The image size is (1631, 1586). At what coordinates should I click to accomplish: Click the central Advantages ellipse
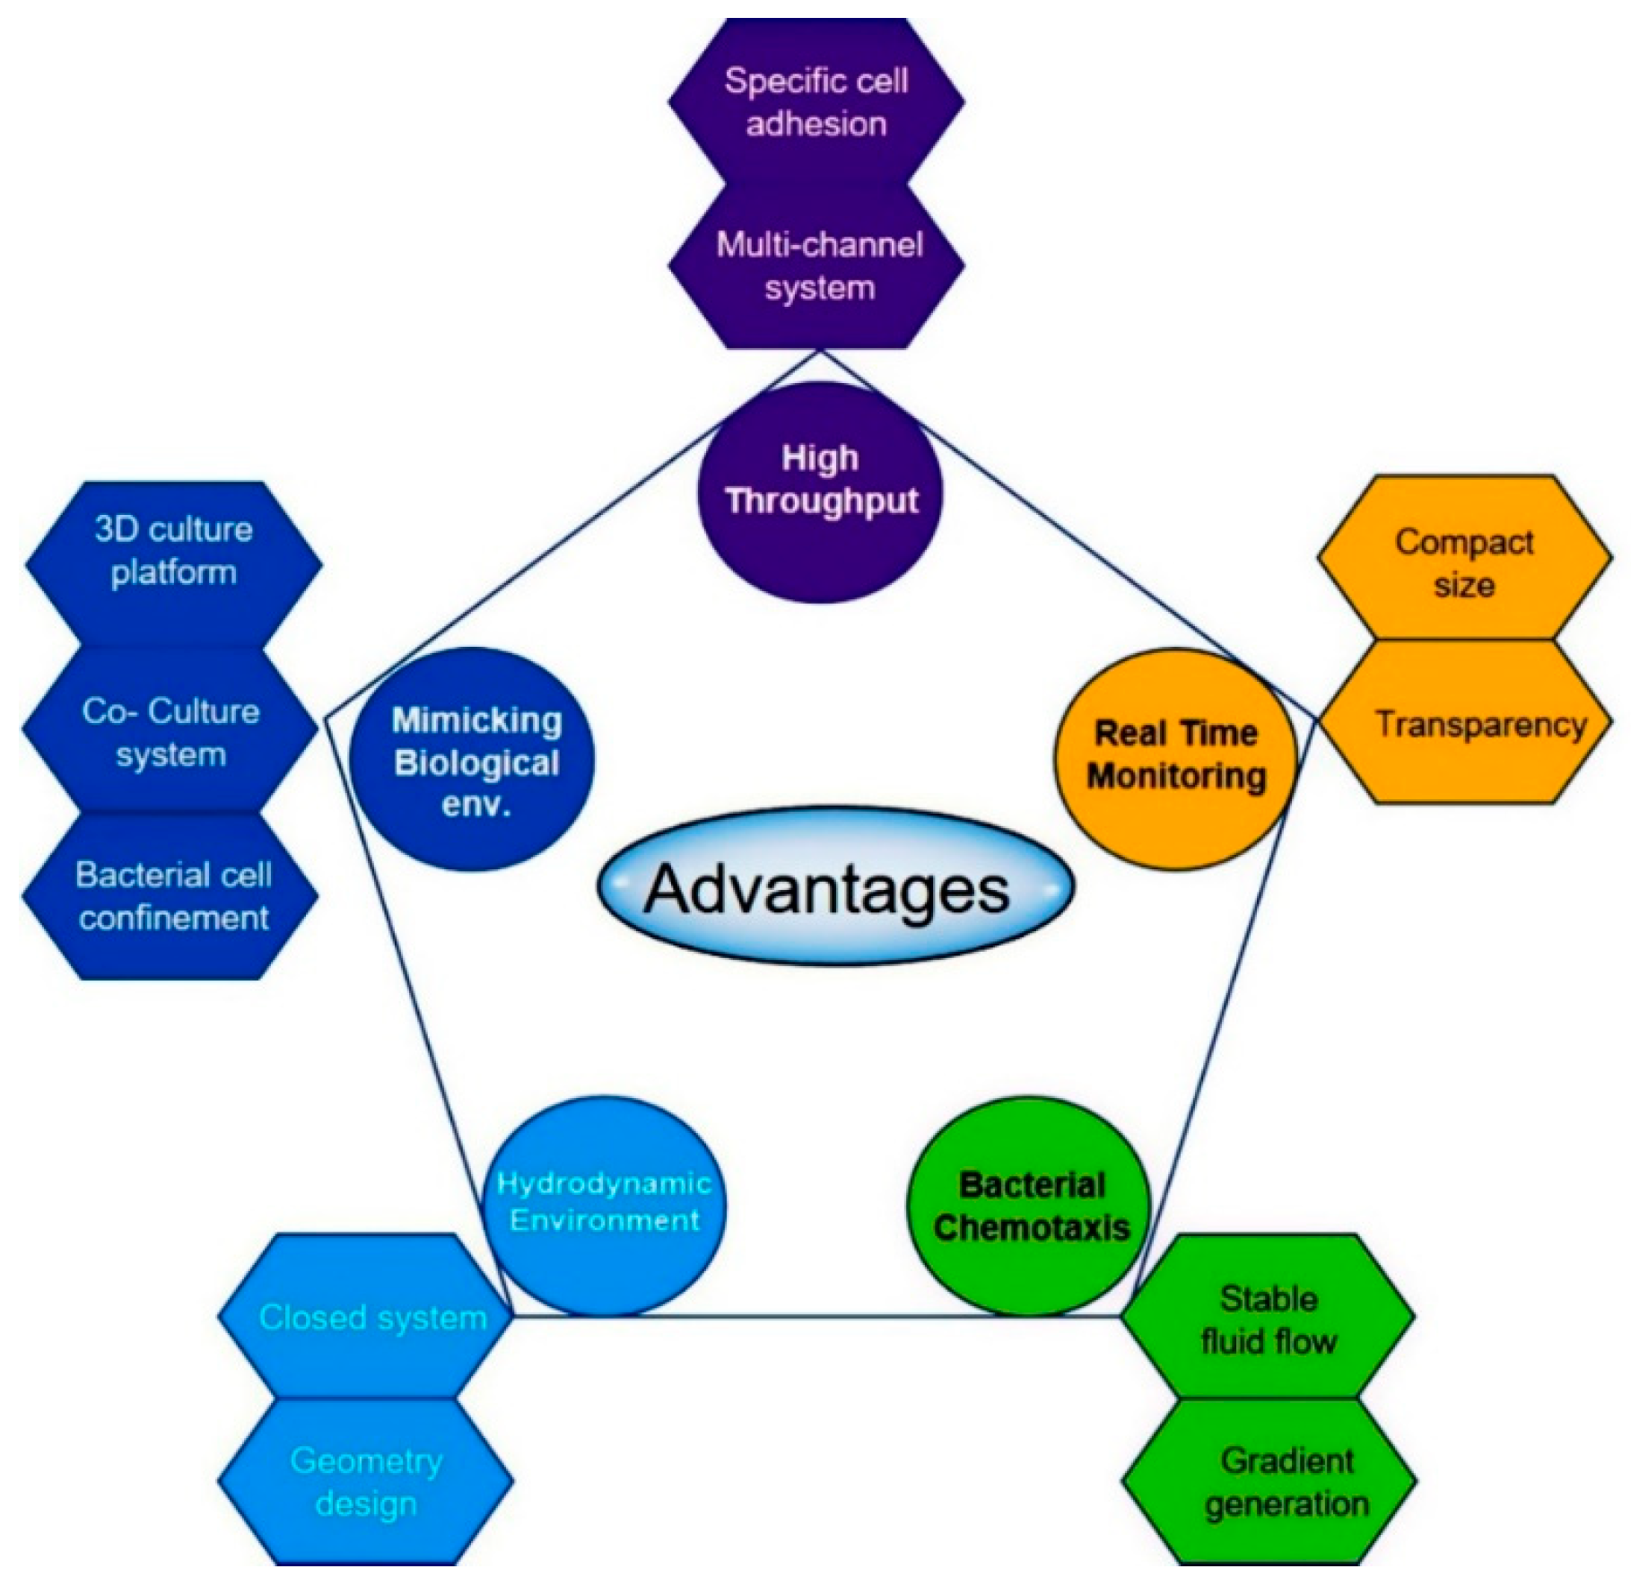(834, 886)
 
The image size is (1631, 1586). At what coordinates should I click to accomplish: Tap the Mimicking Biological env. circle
(473, 760)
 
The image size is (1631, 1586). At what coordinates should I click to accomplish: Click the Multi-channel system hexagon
(818, 266)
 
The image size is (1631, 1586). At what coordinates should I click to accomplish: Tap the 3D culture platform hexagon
(173, 550)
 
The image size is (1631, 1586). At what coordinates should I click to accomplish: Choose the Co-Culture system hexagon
(170, 731)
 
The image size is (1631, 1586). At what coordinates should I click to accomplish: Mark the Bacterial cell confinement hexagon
(172, 895)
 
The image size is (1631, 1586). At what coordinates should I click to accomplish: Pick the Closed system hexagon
(368, 1317)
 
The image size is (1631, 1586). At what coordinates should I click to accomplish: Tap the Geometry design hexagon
(366, 1482)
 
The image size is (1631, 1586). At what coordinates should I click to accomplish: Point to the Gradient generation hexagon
(1274, 1482)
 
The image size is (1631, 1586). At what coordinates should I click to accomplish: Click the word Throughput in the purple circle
(822, 501)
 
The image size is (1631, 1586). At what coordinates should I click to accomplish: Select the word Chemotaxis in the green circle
(1032, 1226)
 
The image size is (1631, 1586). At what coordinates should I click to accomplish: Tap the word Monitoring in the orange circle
(1176, 775)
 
